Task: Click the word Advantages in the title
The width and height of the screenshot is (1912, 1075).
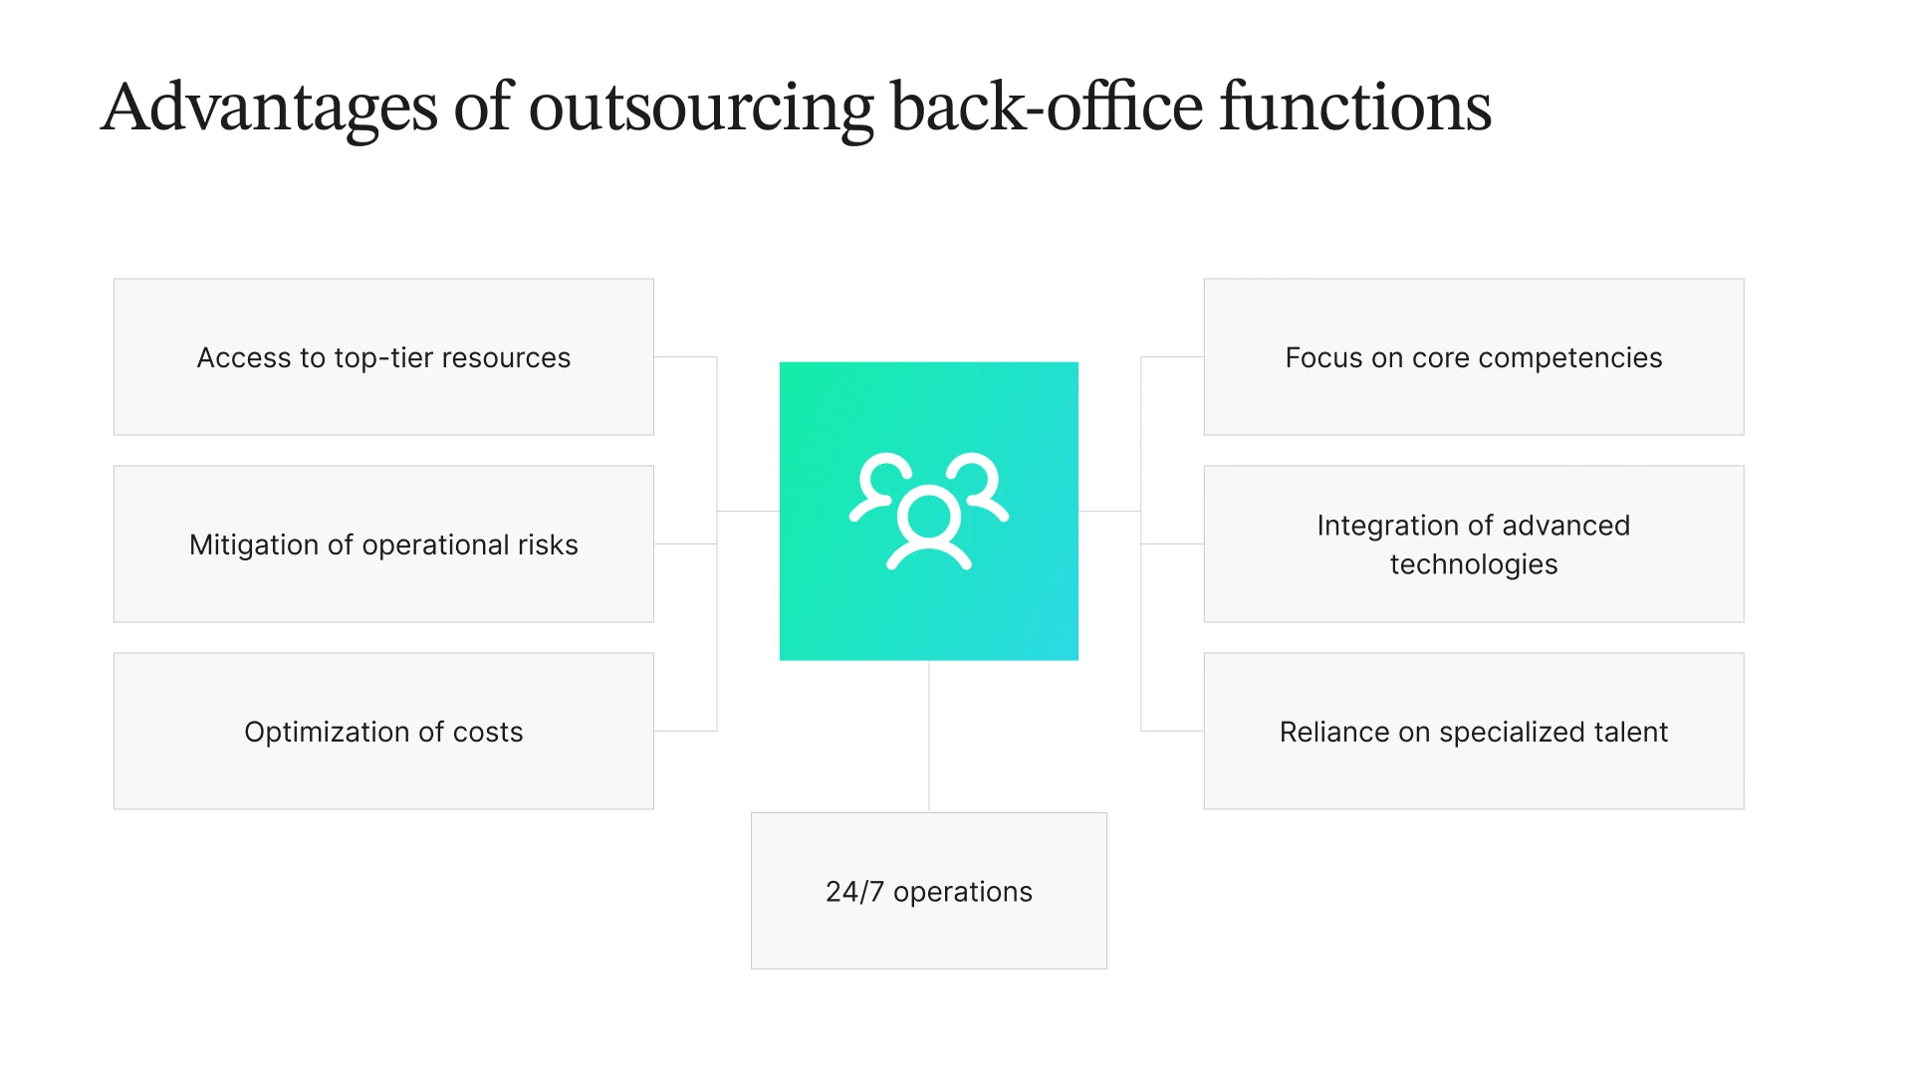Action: tap(269, 107)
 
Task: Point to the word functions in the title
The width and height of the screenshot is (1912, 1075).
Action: tap(1355, 107)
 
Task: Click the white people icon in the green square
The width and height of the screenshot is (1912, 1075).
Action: tap(928, 512)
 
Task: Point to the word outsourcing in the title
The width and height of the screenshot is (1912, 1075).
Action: tap(701, 107)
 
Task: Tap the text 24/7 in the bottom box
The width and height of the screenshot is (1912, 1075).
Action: tap(854, 892)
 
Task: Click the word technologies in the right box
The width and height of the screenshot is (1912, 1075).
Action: tap(1473, 564)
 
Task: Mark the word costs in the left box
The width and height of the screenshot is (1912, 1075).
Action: tap(488, 733)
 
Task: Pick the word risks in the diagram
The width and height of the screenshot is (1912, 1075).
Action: tap(548, 545)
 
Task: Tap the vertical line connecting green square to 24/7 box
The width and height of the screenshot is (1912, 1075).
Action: tap(929, 737)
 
